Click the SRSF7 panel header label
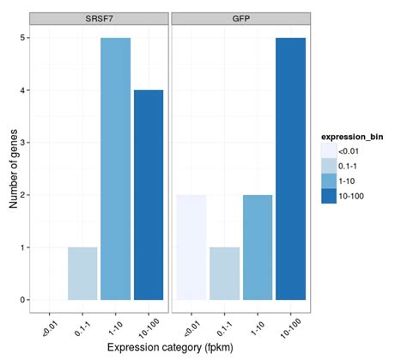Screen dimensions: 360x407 coord(99,18)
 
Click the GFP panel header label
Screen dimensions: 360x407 coord(242,18)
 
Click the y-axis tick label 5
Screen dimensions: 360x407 coord(21,38)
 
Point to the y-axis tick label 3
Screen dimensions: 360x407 coord(21,143)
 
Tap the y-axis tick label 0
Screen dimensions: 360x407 coord(21,300)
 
